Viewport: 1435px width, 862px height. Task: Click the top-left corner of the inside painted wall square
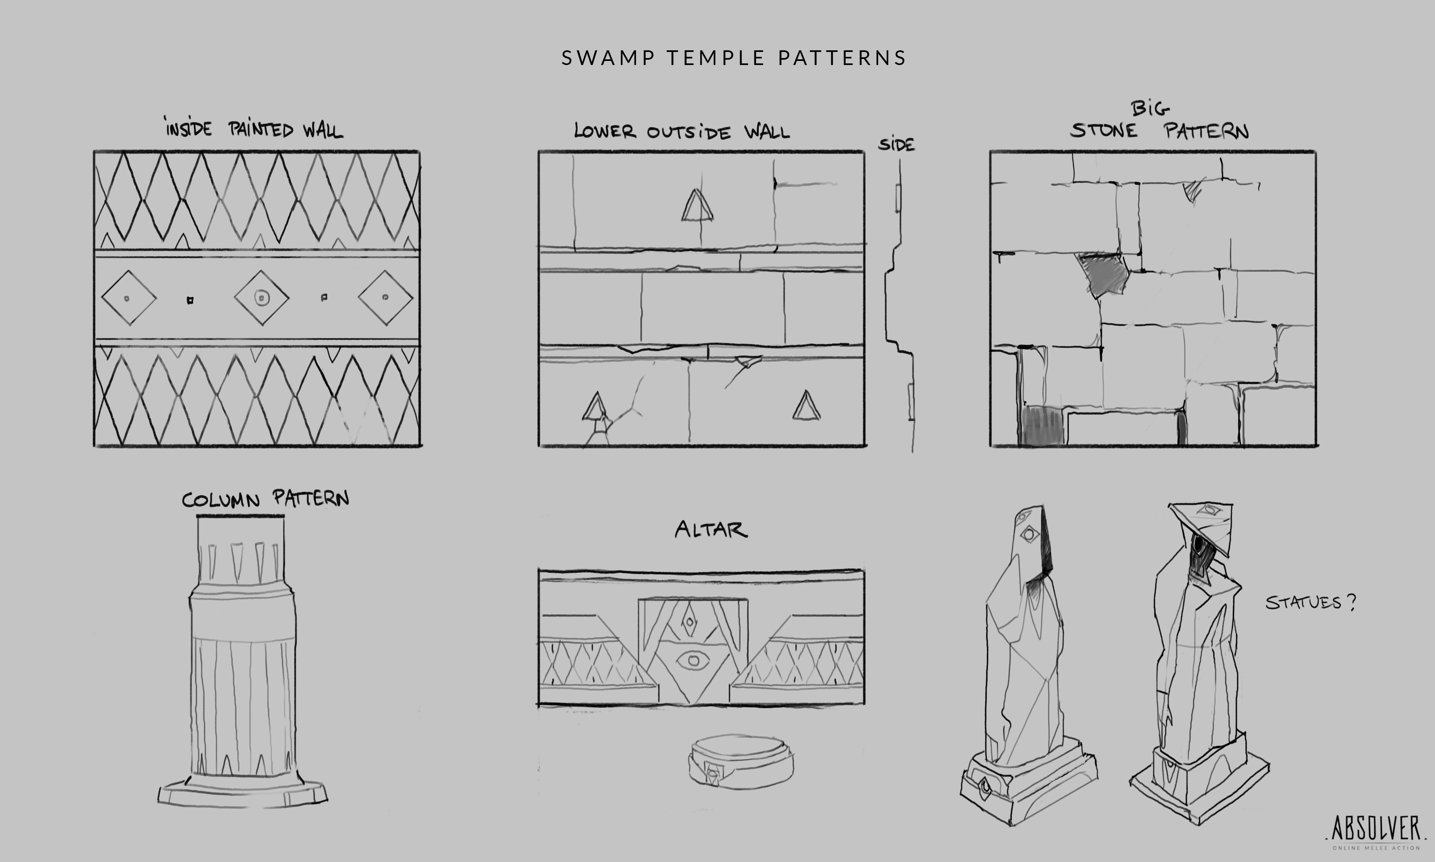point(94,152)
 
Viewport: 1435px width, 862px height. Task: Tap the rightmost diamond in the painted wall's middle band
point(385,297)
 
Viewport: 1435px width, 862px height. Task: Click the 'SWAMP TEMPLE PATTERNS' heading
point(734,58)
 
